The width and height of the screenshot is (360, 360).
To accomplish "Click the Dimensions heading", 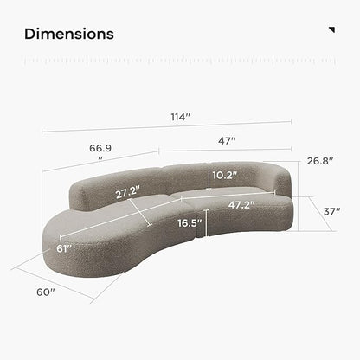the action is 69,34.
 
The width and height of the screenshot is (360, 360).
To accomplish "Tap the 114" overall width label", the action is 181,117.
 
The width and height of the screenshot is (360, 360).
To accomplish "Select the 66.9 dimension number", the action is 100,148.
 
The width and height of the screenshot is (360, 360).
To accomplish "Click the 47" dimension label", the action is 227,141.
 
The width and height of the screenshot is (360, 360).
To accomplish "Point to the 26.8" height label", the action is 319,161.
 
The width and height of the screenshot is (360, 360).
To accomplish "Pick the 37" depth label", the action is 331,211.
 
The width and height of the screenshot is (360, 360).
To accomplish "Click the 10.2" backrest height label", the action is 225,175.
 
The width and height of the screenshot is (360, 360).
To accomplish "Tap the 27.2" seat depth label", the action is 127,193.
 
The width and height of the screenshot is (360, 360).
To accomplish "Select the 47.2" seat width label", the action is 241,205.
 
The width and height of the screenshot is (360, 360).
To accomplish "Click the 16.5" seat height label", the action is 190,223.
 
